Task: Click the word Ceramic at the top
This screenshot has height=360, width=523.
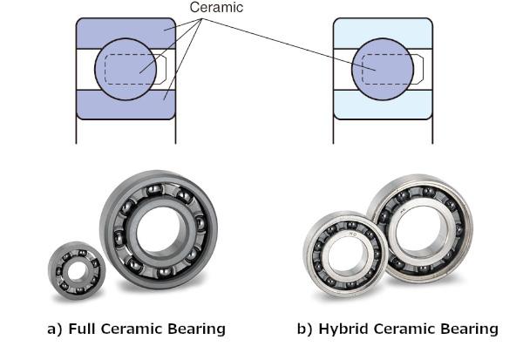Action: [x=216, y=7]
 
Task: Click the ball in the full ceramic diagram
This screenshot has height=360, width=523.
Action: [x=126, y=69]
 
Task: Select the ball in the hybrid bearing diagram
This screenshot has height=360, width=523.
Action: [x=383, y=69]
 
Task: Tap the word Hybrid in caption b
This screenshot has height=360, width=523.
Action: [x=344, y=329]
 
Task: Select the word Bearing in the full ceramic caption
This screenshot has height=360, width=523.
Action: [x=196, y=329]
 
